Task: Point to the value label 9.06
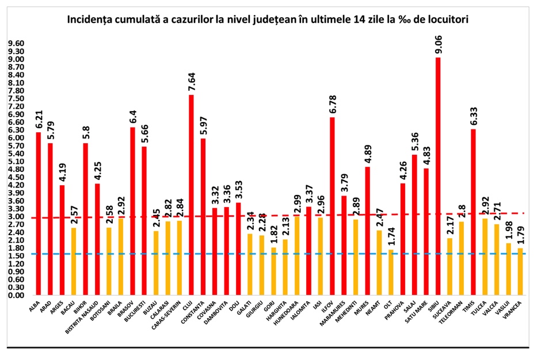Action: pos(438,43)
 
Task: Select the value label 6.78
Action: pos(332,103)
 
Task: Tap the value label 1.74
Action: pos(391,235)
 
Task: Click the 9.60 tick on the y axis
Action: pos(16,43)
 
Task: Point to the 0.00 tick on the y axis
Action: pos(16,295)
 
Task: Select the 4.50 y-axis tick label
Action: pos(16,177)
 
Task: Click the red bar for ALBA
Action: pos(39,213)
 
